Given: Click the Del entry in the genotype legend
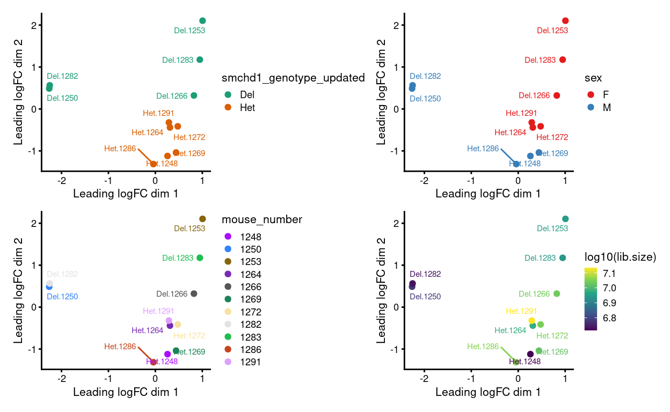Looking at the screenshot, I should coord(247,94).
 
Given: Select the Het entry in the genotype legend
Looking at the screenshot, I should coord(247,107).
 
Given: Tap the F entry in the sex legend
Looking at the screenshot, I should coord(606,94).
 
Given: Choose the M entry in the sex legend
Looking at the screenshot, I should coord(606,107).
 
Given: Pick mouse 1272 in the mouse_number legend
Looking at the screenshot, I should coord(251,312).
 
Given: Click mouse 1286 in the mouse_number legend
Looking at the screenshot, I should coord(251,349).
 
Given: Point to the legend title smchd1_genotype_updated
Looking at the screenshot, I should coord(293,78).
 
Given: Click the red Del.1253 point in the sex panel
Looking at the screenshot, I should coord(565,21).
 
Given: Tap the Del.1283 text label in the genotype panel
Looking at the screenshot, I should coord(178,60).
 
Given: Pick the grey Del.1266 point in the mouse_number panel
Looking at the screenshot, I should coord(194,293).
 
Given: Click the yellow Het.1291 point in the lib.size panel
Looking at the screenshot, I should coord(532,321).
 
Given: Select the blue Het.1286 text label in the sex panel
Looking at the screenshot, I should coord(483,149).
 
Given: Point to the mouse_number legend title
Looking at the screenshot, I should coord(261,219).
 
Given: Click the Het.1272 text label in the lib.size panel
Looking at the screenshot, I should coord(552,336).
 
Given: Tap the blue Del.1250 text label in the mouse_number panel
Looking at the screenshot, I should coord(62,297).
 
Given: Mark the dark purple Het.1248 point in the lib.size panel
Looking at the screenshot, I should coord(530,354).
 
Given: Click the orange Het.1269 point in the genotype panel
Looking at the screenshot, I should coord(176,152).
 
